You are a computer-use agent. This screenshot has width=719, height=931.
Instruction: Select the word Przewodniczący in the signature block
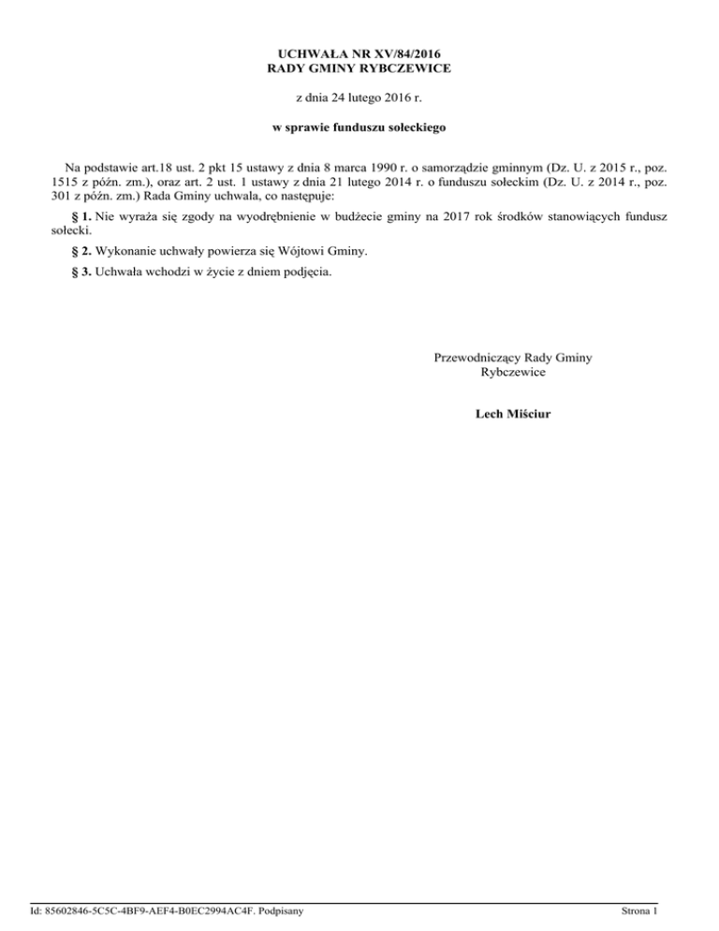(x=477, y=357)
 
